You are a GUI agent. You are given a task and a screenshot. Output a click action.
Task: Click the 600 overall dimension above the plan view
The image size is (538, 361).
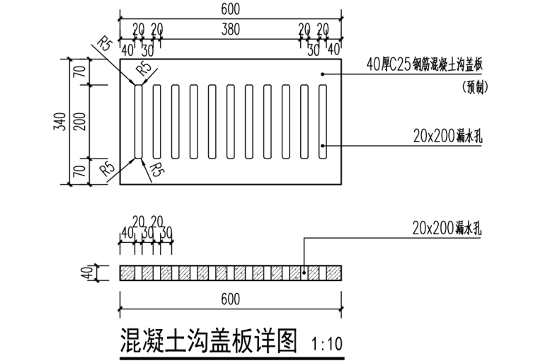click(230, 8)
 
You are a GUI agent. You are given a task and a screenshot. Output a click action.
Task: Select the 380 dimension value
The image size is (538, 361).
click(230, 30)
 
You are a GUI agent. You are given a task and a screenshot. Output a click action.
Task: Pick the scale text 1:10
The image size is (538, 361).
click(327, 345)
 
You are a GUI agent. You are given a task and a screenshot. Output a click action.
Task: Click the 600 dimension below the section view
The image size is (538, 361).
click(230, 299)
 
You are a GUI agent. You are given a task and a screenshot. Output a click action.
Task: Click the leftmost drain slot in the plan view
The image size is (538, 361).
click(138, 121)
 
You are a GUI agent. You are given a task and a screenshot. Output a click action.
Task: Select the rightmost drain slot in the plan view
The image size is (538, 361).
click(323, 121)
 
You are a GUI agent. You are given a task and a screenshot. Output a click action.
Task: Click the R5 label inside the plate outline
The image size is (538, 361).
click(144, 69)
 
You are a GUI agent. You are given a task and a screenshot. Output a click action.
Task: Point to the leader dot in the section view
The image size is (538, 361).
click(304, 271)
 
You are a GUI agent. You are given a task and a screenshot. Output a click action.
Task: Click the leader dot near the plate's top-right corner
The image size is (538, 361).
click(323, 73)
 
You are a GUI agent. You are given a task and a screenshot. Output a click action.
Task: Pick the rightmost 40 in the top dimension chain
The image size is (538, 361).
click(333, 50)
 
